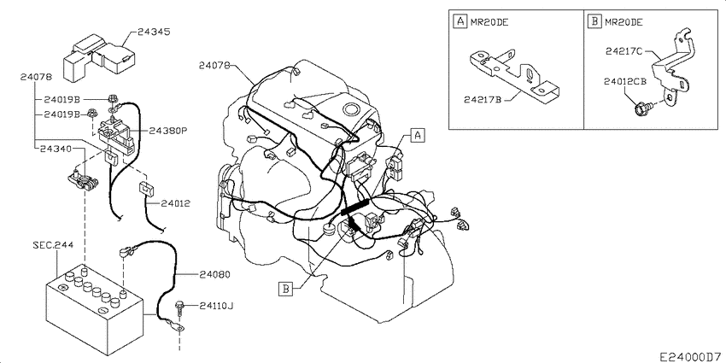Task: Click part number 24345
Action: tap(155, 32)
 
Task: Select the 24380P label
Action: tap(167, 131)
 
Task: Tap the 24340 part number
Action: tap(56, 149)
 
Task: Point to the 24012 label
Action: tap(175, 203)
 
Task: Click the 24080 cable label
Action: tap(215, 274)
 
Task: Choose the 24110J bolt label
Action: tap(217, 306)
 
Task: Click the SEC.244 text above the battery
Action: tap(52, 245)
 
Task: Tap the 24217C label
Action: tap(624, 51)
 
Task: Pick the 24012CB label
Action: tap(624, 81)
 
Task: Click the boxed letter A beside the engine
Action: tap(417, 136)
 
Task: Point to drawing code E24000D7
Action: tap(690, 357)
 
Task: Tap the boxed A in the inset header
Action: tap(460, 21)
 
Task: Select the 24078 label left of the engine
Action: tap(215, 65)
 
